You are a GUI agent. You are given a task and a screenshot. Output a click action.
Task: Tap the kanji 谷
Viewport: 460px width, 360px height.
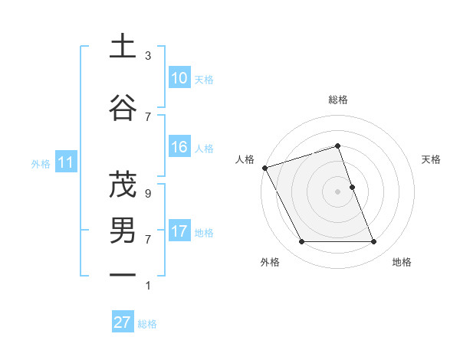pyautogui.click(x=123, y=106)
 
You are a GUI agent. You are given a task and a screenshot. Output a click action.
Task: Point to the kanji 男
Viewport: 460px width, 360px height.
pyautogui.click(x=123, y=231)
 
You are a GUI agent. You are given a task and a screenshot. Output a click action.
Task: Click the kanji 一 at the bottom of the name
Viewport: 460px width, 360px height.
pyautogui.click(x=123, y=274)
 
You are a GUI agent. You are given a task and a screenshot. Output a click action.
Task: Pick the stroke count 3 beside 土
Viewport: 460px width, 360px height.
pyautogui.click(x=148, y=56)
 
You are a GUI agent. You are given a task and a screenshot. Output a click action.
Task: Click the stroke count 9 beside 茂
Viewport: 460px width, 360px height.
pyautogui.click(x=148, y=194)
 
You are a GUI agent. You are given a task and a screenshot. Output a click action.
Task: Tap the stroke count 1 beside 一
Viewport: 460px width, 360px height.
pyautogui.click(x=148, y=286)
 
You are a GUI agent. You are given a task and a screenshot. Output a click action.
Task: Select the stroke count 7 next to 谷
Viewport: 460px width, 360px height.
pyautogui.click(x=148, y=116)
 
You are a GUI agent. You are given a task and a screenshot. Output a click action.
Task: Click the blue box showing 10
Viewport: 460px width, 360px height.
pyautogui.click(x=179, y=78)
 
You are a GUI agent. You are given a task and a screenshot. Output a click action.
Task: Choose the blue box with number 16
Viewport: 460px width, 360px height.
pyautogui.click(x=179, y=148)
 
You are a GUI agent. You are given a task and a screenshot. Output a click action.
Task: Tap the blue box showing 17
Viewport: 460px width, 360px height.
pyautogui.click(x=179, y=231)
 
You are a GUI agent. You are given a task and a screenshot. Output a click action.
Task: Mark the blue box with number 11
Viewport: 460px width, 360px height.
pyautogui.click(x=65, y=162)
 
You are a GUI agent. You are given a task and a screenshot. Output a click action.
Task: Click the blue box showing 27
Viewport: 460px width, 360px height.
pyautogui.click(x=123, y=322)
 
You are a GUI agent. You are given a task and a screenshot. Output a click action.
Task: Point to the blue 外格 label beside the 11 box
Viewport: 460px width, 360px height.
pyautogui.click(x=41, y=163)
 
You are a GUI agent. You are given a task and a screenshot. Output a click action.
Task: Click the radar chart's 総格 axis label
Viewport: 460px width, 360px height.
pyautogui.click(x=337, y=100)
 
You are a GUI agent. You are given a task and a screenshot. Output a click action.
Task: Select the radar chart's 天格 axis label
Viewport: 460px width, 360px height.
pyautogui.click(x=431, y=159)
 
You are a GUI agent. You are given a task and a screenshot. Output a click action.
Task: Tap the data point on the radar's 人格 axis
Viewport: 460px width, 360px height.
pyautogui.click(x=264, y=168)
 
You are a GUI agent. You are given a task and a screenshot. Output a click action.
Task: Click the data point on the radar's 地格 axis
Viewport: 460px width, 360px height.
pyautogui.click(x=374, y=242)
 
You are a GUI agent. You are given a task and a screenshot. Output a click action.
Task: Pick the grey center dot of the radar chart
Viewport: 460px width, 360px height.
pyautogui.click(x=337, y=191)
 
